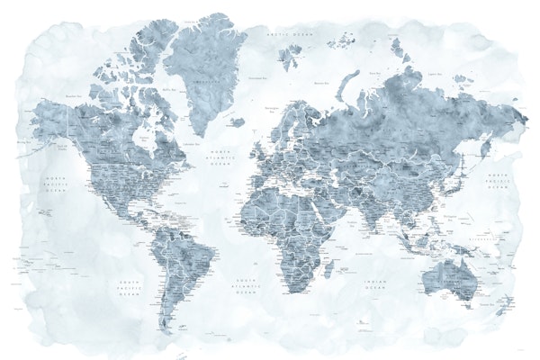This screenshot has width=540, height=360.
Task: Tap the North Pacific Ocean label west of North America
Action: (x=55, y=185)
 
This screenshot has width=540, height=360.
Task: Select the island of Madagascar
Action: (x=328, y=265)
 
